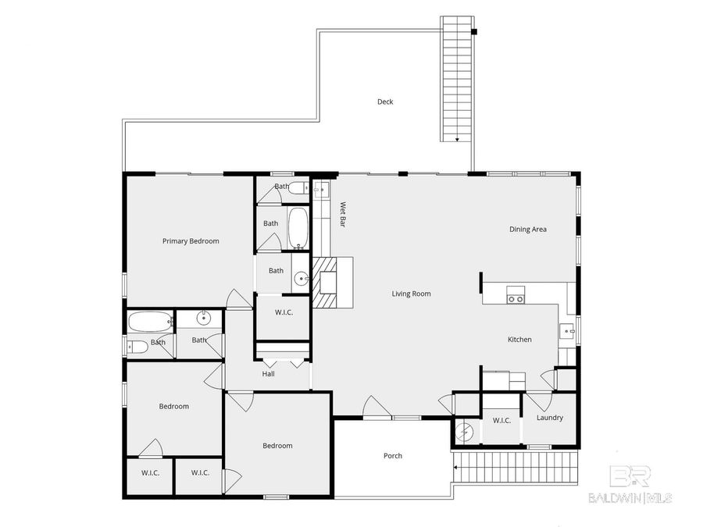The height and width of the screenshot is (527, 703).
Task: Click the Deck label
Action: point(385,101)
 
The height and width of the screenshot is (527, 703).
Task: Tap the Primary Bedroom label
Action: point(191,241)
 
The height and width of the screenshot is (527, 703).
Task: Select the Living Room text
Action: point(411,294)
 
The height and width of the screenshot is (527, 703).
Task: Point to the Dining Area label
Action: point(527,230)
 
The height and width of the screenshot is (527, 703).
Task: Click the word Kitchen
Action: point(519,340)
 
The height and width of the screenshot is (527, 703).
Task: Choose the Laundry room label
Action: point(550,418)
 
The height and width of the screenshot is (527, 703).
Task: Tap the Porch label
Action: point(393,456)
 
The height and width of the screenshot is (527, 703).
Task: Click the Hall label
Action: point(268,374)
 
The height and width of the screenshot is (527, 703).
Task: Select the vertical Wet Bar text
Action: point(342,215)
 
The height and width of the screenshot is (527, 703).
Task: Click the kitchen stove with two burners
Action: point(516,294)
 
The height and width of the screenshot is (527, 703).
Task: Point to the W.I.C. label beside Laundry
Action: point(501,421)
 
